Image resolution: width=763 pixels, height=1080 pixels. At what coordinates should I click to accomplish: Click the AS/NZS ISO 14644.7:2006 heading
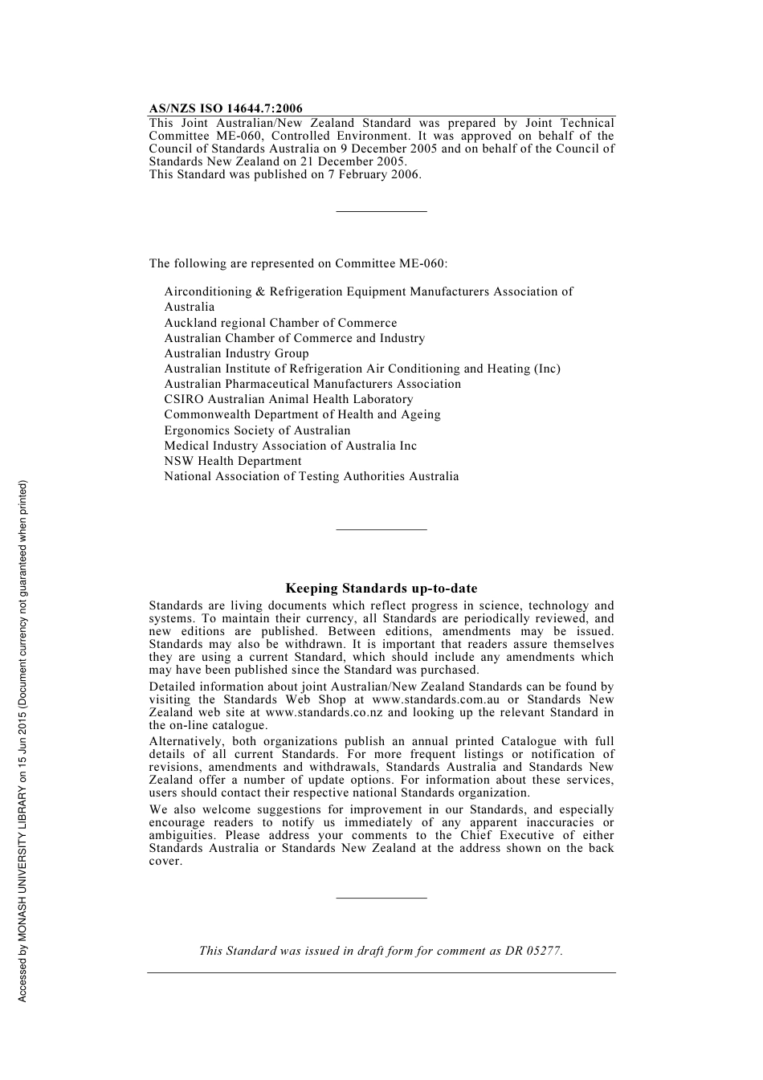[226, 109]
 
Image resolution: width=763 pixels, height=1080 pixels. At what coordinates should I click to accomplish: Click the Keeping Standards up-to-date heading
[381, 589]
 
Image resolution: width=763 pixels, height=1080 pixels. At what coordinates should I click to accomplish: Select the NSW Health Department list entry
[233, 461]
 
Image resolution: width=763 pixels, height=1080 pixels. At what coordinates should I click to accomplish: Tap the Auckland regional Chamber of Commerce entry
[280, 323]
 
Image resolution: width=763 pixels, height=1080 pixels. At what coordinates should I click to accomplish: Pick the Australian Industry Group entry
[236, 353]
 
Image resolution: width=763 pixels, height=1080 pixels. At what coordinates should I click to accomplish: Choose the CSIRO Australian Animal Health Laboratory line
[288, 399]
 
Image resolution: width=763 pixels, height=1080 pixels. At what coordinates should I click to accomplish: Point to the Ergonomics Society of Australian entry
[257, 430]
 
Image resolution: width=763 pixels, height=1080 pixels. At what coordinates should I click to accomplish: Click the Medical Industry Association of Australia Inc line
[290, 446]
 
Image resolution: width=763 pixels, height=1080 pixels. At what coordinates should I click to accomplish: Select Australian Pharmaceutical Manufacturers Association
[312, 384]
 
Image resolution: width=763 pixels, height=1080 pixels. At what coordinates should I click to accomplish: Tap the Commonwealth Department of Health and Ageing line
[302, 414]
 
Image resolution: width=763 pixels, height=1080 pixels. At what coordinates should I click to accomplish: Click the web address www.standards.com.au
[435, 699]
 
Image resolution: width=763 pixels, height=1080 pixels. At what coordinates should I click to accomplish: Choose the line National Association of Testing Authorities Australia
[312, 476]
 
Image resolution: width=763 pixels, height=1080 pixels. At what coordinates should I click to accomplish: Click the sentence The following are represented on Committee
[298, 263]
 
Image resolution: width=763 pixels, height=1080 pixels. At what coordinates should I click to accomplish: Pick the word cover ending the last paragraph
[165, 862]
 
